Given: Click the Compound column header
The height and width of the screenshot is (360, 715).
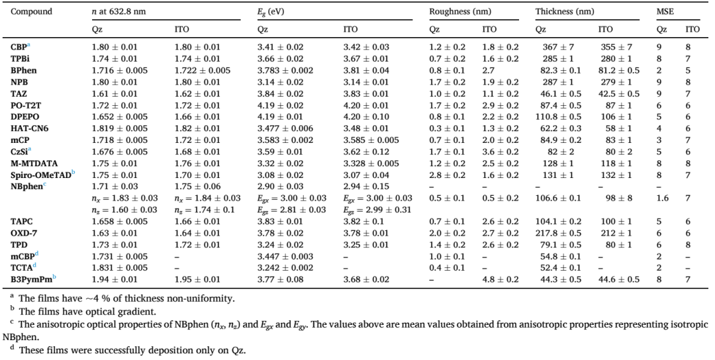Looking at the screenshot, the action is [x=32, y=12].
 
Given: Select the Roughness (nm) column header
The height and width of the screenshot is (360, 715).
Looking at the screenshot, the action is [x=459, y=12].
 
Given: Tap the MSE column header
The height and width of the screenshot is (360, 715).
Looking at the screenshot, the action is [x=665, y=12].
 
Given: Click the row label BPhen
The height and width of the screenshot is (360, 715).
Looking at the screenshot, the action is [x=24, y=70].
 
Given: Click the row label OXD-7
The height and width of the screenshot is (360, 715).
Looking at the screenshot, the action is [x=23, y=233].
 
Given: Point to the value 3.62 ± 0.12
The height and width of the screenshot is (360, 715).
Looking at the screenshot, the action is [x=366, y=152].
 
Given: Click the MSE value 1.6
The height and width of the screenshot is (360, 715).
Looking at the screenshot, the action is [x=661, y=199].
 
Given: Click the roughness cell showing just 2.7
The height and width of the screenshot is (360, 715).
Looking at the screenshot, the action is [x=489, y=70].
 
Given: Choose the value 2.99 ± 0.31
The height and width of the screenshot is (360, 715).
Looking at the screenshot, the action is [x=377, y=210].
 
